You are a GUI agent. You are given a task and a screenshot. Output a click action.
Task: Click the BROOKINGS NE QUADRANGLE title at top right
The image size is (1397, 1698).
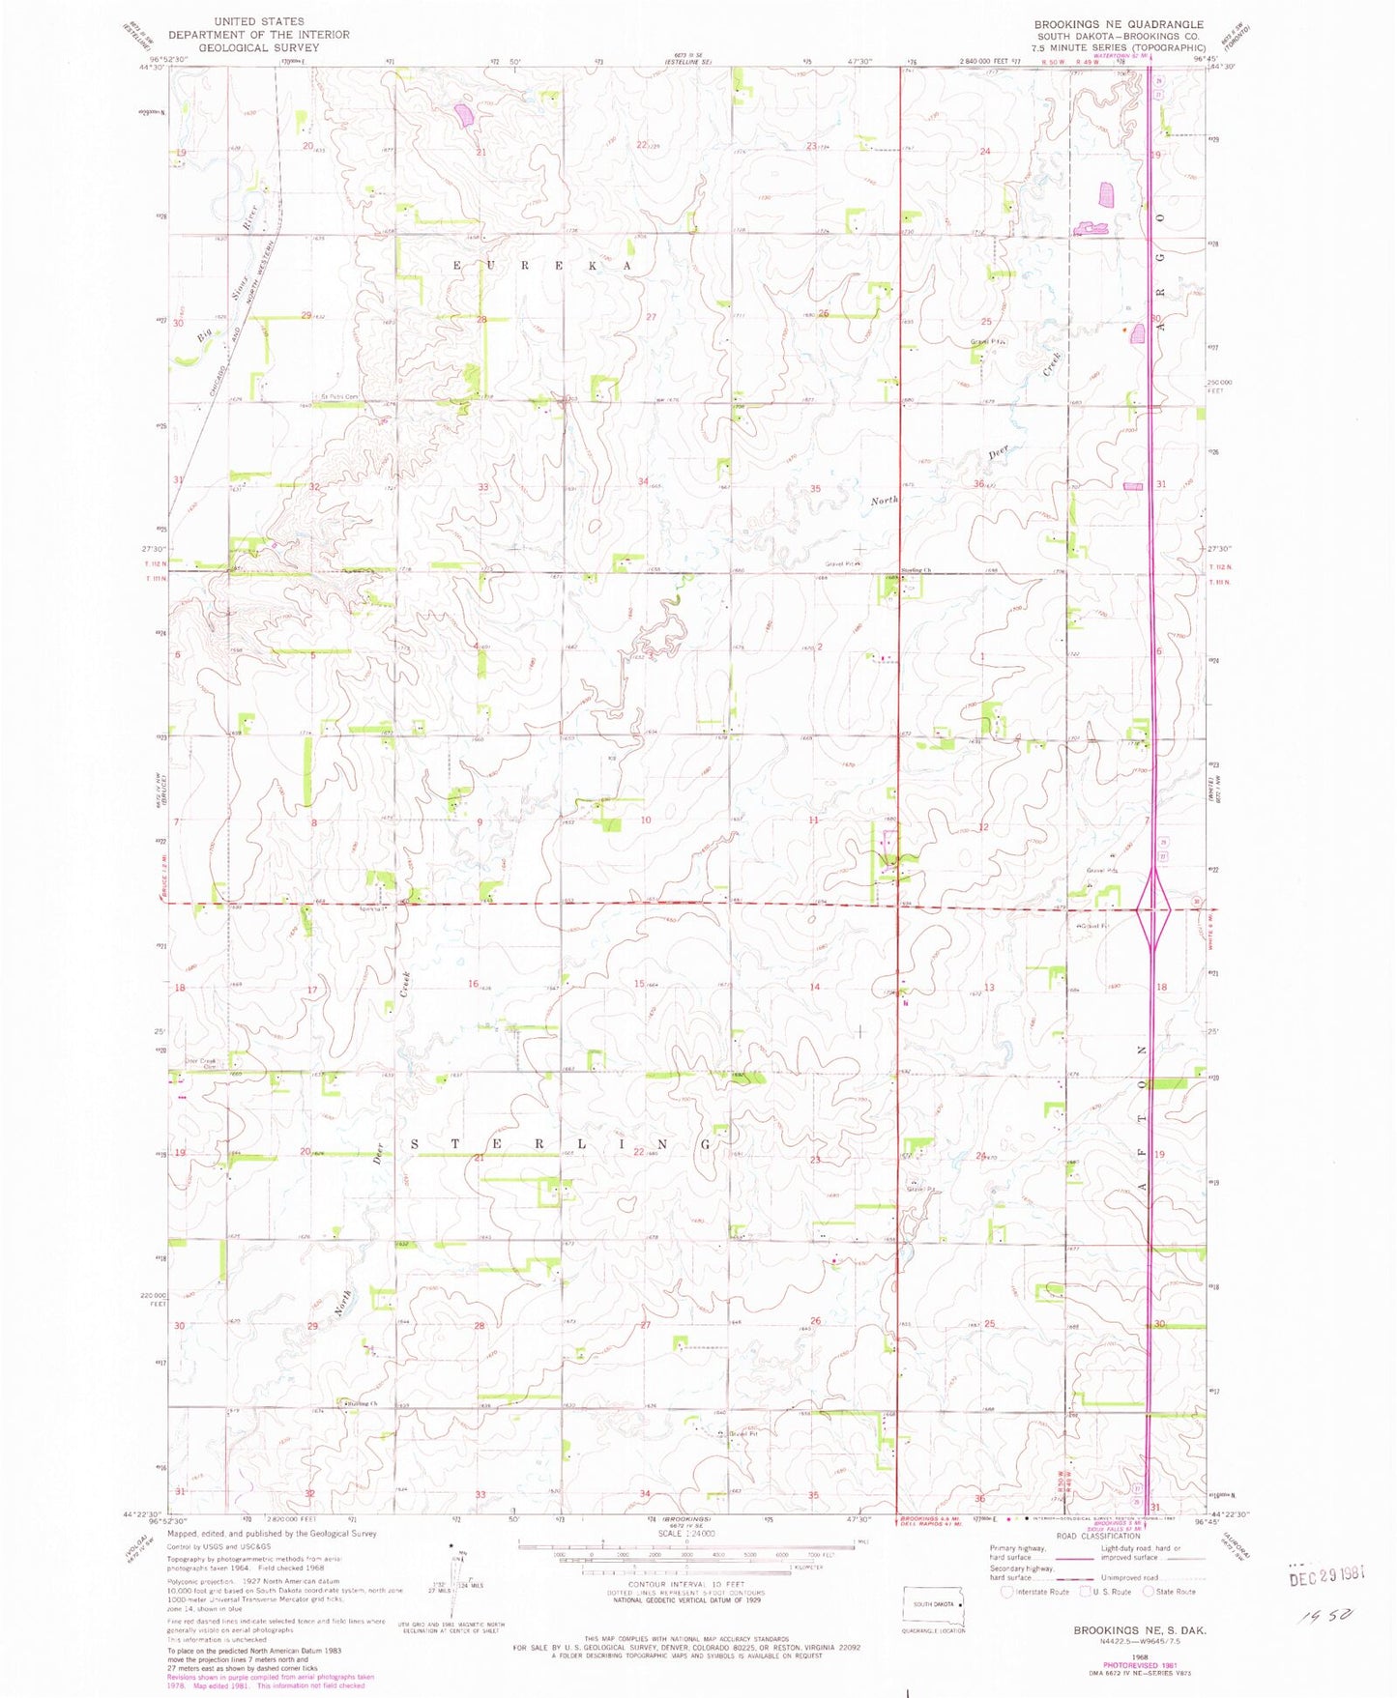click(x=1119, y=24)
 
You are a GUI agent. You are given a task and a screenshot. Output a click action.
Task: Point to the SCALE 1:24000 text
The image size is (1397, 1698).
click(x=685, y=1534)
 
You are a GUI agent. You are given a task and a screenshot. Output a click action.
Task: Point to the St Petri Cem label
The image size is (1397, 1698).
click(x=338, y=397)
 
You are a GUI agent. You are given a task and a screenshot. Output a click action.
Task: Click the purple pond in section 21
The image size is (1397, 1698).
click(x=464, y=116)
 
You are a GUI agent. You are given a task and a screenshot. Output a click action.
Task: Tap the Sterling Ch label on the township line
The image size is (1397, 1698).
click(x=916, y=570)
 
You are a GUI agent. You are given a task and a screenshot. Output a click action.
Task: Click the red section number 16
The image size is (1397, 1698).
click(x=474, y=984)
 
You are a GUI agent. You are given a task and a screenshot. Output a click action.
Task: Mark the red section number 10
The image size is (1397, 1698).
click(x=645, y=820)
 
